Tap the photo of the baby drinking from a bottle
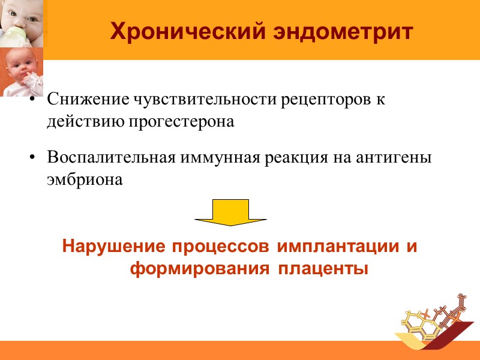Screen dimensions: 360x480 (x=23, y=22)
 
